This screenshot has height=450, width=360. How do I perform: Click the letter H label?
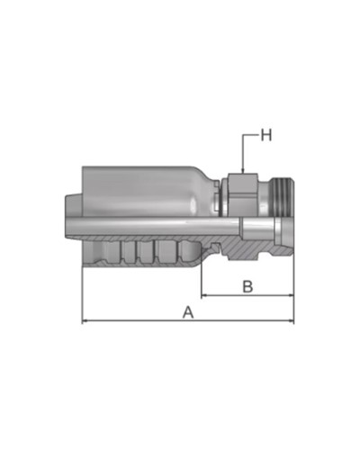point(266,135)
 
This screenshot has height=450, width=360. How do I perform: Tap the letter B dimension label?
point(247,286)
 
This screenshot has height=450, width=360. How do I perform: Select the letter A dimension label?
point(188,312)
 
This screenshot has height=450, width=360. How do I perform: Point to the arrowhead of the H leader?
point(243,170)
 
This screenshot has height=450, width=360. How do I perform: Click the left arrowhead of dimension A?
point(85,321)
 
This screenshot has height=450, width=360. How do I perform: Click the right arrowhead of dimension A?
point(291,321)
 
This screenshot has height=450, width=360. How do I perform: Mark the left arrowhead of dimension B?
point(204,295)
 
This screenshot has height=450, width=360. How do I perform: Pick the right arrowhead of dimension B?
point(291,295)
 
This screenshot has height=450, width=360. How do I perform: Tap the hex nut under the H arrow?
point(243,194)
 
